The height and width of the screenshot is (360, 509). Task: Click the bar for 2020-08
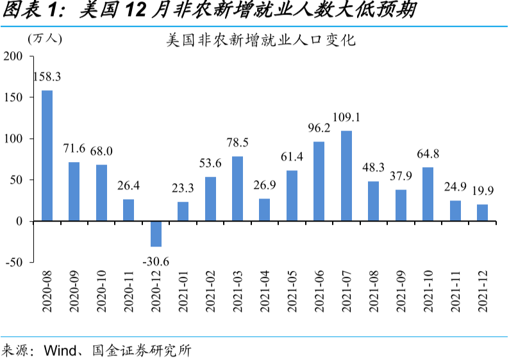[47, 156]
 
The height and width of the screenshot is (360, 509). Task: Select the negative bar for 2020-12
[156, 234]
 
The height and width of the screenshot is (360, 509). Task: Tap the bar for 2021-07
[346, 176]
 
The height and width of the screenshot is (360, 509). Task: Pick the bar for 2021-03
[237, 188]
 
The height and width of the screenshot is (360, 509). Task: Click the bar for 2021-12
[482, 213]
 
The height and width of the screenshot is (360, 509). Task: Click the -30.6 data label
[156, 263]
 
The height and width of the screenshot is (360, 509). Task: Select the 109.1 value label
[346, 118]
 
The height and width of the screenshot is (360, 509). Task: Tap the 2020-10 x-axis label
[102, 291]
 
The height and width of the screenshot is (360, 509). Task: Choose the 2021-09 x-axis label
[401, 291]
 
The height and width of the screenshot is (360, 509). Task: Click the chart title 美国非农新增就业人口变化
[260, 42]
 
